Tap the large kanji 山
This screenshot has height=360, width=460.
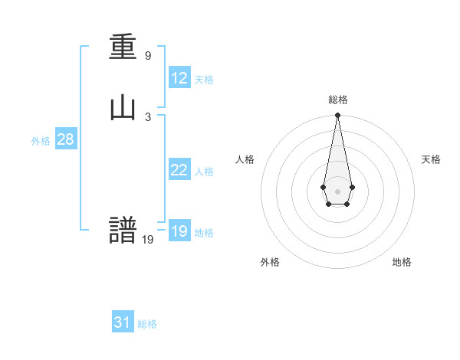point(123,109)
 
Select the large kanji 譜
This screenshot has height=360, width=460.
point(123,230)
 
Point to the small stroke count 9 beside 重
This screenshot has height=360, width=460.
point(148,56)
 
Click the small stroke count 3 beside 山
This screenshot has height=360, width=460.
point(148,116)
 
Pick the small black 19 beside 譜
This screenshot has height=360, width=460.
point(148,240)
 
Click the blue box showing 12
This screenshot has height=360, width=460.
point(179,78)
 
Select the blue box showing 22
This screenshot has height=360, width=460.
point(179,170)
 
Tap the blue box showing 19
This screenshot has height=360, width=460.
point(179,231)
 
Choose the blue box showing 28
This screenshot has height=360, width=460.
point(65,139)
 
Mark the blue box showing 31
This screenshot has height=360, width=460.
point(123,322)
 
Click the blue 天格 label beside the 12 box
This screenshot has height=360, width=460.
point(204,80)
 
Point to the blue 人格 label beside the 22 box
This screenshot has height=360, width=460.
point(204,172)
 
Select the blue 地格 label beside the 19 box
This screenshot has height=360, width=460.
point(204,233)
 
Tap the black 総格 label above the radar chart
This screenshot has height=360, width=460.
point(338,100)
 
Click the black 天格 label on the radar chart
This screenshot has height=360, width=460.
point(431,159)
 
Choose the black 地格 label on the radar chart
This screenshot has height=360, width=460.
point(402,262)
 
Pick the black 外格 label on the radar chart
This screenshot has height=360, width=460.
point(270,262)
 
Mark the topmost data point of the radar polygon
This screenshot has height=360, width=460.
point(337,115)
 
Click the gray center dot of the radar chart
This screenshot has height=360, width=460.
point(337,190)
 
